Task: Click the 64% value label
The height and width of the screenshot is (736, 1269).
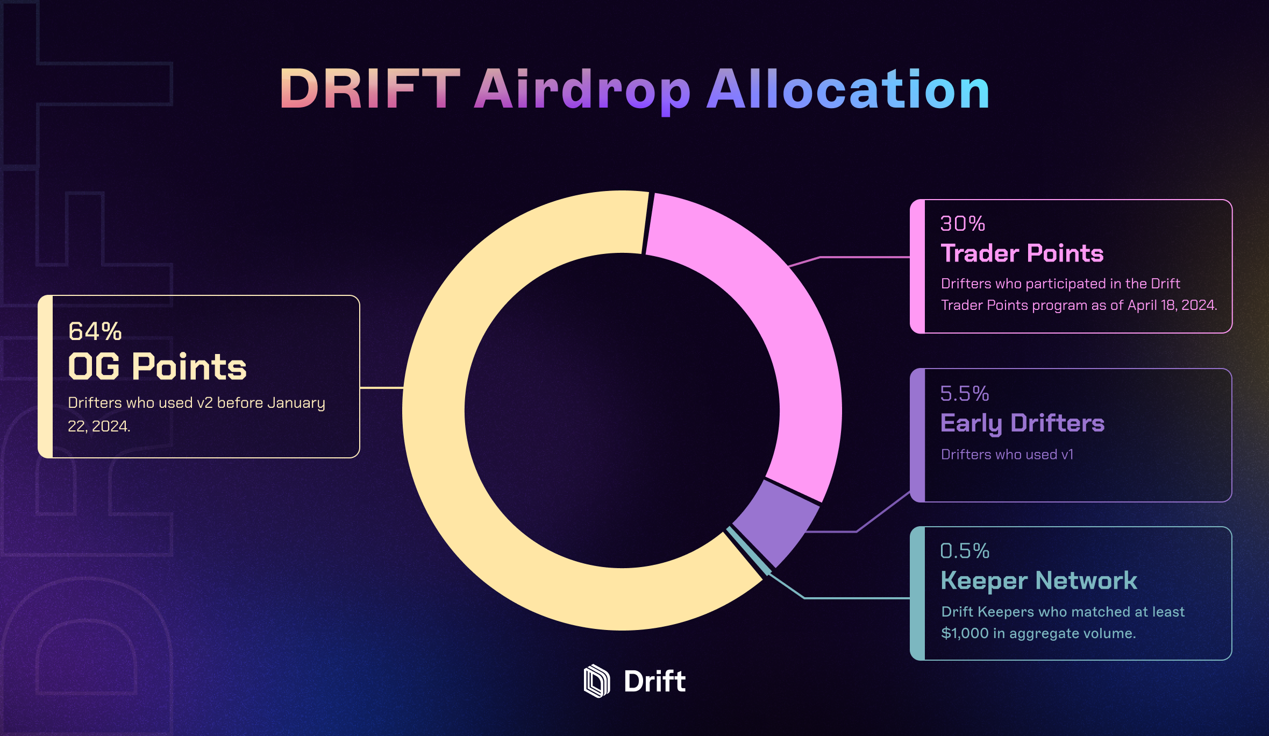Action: coord(95,331)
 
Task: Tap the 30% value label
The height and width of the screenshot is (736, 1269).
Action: coord(963,223)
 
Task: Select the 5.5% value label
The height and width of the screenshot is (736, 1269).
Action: coord(965,393)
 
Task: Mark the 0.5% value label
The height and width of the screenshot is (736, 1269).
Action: coord(965,550)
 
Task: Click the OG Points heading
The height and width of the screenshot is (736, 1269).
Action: coord(157,367)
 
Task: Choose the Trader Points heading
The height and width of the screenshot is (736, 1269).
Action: coord(1022,253)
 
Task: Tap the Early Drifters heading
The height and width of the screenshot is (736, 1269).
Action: coord(1022,423)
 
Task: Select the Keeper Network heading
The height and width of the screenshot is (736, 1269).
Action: coord(1039,581)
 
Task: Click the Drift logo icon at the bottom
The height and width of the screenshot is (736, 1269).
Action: coord(597,681)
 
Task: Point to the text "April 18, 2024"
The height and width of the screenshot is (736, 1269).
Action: coord(1172,305)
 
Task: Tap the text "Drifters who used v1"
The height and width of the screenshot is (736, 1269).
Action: coord(1007,455)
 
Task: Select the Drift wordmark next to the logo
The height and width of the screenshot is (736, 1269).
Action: coord(654,681)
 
